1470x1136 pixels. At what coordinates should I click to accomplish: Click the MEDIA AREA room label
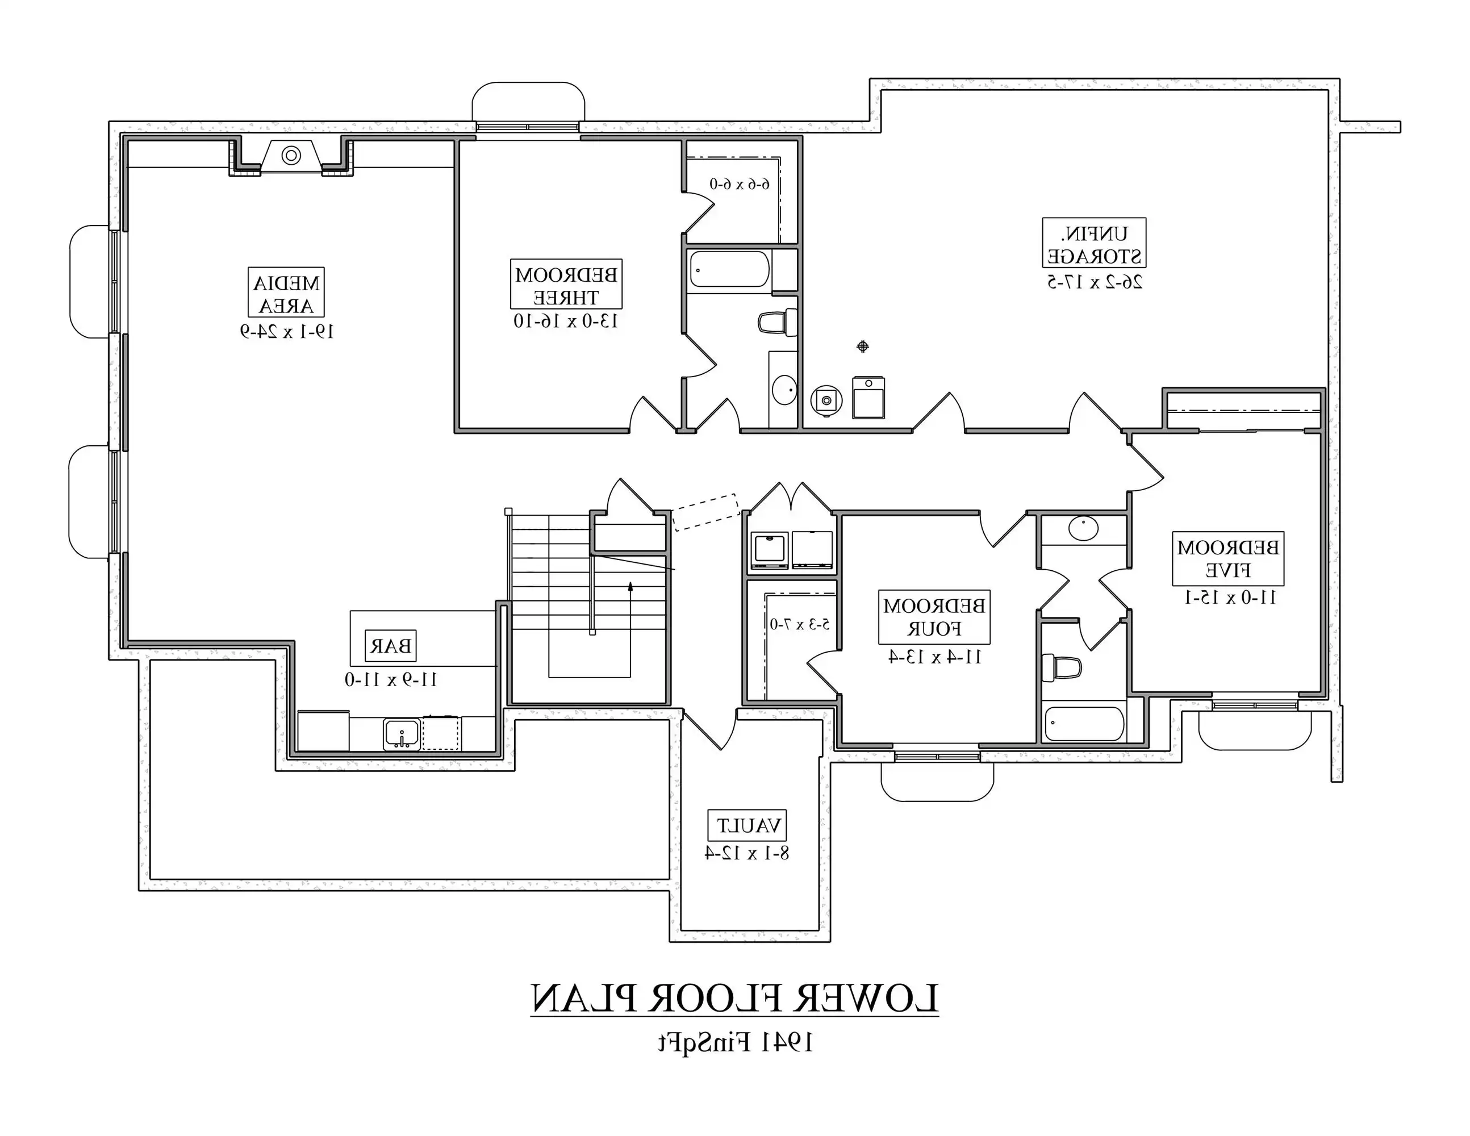[x=286, y=294]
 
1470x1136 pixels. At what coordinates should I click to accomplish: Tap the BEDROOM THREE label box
[x=566, y=285]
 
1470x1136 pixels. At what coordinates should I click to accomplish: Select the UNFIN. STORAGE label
[x=1094, y=244]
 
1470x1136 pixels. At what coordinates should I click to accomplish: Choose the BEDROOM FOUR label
[x=934, y=618]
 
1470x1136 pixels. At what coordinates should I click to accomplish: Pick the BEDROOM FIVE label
[x=1227, y=558]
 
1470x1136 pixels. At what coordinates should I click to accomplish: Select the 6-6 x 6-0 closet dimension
[x=739, y=183]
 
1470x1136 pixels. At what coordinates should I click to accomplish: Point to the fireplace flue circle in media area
[x=291, y=156]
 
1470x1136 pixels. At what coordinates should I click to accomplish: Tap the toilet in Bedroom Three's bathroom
[x=778, y=323]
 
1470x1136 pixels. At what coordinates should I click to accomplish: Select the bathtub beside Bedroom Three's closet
[x=730, y=270]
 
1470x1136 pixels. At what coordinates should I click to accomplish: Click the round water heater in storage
[x=826, y=401]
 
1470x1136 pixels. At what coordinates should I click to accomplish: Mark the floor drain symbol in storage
[x=863, y=346]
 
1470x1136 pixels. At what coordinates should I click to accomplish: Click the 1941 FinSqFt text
[x=735, y=1042]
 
